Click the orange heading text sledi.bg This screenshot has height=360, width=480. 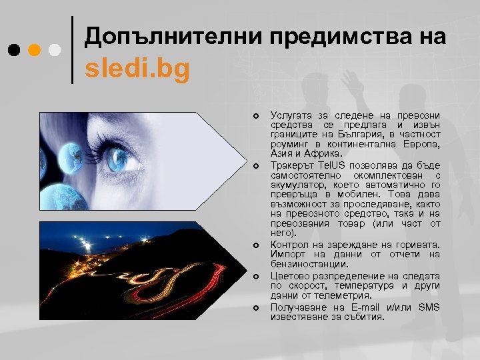pyautogui.click(x=136, y=69)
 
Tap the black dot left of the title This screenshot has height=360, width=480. pyautogui.click(x=14, y=50)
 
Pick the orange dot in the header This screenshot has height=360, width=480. pyautogui.click(x=35, y=50)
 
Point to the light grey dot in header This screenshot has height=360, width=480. pyautogui.click(x=55, y=50)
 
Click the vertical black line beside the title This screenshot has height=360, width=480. pyautogui.click(x=72, y=50)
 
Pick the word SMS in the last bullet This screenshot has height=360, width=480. pyautogui.click(x=429, y=306)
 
